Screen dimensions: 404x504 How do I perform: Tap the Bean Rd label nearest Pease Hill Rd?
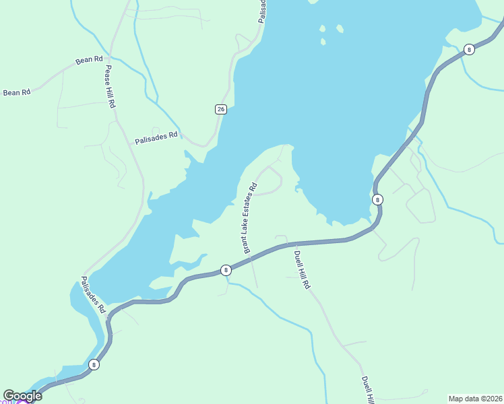pos(89,60)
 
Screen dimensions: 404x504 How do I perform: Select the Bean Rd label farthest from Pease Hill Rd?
pos(17,92)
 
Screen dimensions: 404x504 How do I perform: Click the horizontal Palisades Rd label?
pos(156,138)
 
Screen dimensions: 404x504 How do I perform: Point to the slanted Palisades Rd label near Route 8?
pos(93,294)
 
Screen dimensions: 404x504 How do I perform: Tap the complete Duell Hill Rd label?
pos(302,269)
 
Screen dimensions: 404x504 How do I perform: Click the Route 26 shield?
pos(220,109)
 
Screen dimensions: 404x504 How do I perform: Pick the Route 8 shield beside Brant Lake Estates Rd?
pos(226,270)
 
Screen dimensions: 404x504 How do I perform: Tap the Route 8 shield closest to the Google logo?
pos(94,365)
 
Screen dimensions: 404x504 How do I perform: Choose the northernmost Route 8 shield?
pos(469,49)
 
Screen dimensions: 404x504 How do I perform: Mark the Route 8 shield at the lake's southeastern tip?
pos(377,199)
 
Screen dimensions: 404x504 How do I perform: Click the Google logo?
pos(22,396)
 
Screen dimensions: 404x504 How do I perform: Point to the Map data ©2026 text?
pos(475,399)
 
